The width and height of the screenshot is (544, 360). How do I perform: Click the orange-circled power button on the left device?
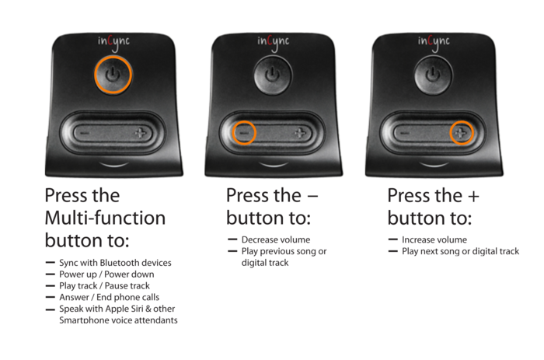pos(113,75)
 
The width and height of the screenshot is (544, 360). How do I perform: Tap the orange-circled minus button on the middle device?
pos(244,133)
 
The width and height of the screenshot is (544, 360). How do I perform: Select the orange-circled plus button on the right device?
pos(462,133)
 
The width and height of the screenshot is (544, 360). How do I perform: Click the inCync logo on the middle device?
pos(274,43)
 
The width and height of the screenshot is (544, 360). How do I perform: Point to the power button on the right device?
pos(433,75)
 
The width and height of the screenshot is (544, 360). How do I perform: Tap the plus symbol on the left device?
pos(141,133)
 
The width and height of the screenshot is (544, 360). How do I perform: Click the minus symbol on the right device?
pos(405,133)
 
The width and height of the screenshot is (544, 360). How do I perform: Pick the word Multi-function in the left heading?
pos(105,218)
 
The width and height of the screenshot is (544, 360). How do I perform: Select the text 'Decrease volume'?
pos(276,240)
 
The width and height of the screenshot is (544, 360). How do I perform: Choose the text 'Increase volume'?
pos(434,240)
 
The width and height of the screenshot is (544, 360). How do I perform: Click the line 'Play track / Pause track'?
pos(104,286)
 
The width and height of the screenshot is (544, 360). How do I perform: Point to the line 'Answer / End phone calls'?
pos(110,298)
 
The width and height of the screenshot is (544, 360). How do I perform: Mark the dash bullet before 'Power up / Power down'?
pos(51,274)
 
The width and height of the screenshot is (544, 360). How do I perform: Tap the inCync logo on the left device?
pos(113,43)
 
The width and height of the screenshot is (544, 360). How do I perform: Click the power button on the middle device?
pos(273,75)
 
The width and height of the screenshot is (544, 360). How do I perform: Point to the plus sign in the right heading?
pos(473,197)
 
